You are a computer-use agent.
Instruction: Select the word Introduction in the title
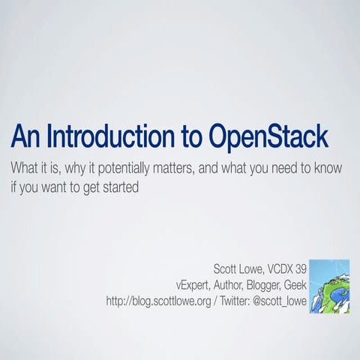(118, 137)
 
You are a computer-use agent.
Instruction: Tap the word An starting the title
(24, 137)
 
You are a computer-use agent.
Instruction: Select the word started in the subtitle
(120, 187)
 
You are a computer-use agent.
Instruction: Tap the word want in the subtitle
(53, 187)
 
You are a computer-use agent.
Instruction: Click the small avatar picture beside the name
(328, 286)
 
